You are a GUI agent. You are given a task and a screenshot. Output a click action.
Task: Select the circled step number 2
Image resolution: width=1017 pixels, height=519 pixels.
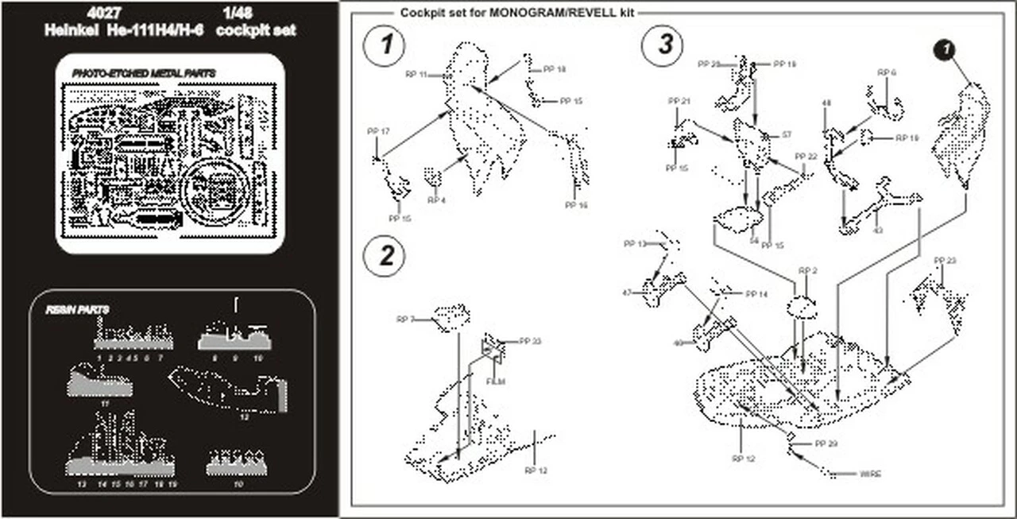(x=385, y=256)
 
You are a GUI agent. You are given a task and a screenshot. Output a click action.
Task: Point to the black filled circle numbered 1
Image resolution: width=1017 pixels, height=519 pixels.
(x=943, y=51)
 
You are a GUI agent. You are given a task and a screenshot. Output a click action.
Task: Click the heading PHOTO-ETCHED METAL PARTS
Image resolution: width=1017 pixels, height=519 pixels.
(x=144, y=73)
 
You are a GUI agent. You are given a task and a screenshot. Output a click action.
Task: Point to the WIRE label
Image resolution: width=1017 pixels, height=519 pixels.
(x=870, y=474)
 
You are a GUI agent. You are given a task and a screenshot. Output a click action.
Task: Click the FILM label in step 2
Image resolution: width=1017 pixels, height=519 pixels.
(x=496, y=382)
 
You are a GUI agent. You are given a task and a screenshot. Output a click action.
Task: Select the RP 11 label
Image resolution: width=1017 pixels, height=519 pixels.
(x=416, y=74)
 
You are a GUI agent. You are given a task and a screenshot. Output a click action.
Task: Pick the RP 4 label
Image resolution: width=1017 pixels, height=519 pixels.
(x=436, y=199)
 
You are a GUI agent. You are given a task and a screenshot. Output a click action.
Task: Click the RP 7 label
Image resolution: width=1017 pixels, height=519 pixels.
(x=406, y=320)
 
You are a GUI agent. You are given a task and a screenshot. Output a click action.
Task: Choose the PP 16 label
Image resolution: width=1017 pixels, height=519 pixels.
(x=576, y=205)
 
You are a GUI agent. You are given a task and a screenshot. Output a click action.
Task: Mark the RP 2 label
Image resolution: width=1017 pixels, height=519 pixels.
(x=808, y=271)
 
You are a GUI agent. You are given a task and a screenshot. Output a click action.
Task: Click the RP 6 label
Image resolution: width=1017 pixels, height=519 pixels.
(x=887, y=72)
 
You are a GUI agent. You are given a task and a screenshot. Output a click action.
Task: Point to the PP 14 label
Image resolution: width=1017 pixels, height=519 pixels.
(x=756, y=294)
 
